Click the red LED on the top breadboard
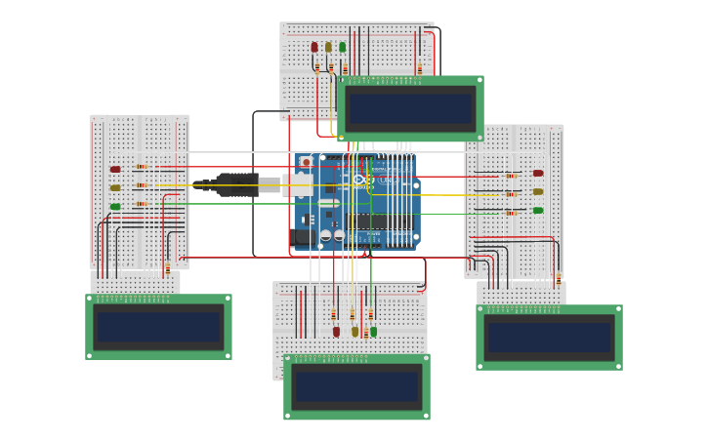(314, 47)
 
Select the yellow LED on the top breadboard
(328, 47)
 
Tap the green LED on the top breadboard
(342, 47)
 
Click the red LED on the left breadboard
(115, 169)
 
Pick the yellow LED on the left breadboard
(115, 187)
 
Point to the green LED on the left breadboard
(115, 206)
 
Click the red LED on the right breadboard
(538, 173)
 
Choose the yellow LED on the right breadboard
(538, 191)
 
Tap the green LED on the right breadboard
(538, 210)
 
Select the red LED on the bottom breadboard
(337, 332)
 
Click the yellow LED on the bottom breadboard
(355, 332)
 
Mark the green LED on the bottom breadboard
(373, 332)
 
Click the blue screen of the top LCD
(411, 108)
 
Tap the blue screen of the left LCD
(158, 327)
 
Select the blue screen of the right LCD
(549, 338)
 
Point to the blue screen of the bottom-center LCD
(356, 387)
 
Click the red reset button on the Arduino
(306, 162)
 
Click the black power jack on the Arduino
(304, 236)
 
